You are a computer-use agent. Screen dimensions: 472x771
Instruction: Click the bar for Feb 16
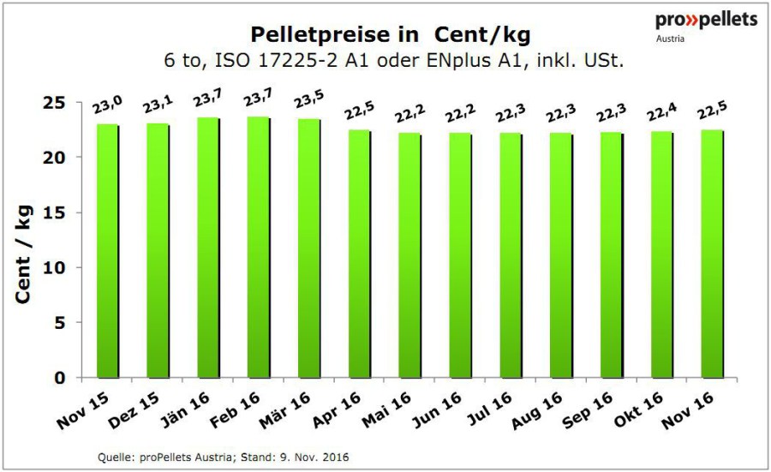click(258, 248)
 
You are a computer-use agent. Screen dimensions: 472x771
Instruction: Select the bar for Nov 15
click(107, 251)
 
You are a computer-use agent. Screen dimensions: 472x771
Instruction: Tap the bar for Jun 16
click(460, 255)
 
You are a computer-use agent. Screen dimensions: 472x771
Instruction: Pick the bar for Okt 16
click(661, 254)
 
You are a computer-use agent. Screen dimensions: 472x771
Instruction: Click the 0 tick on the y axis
click(62, 378)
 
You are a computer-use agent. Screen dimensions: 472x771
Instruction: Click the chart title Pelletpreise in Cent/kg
click(390, 35)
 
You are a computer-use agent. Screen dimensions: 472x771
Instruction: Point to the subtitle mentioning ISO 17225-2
click(390, 61)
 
